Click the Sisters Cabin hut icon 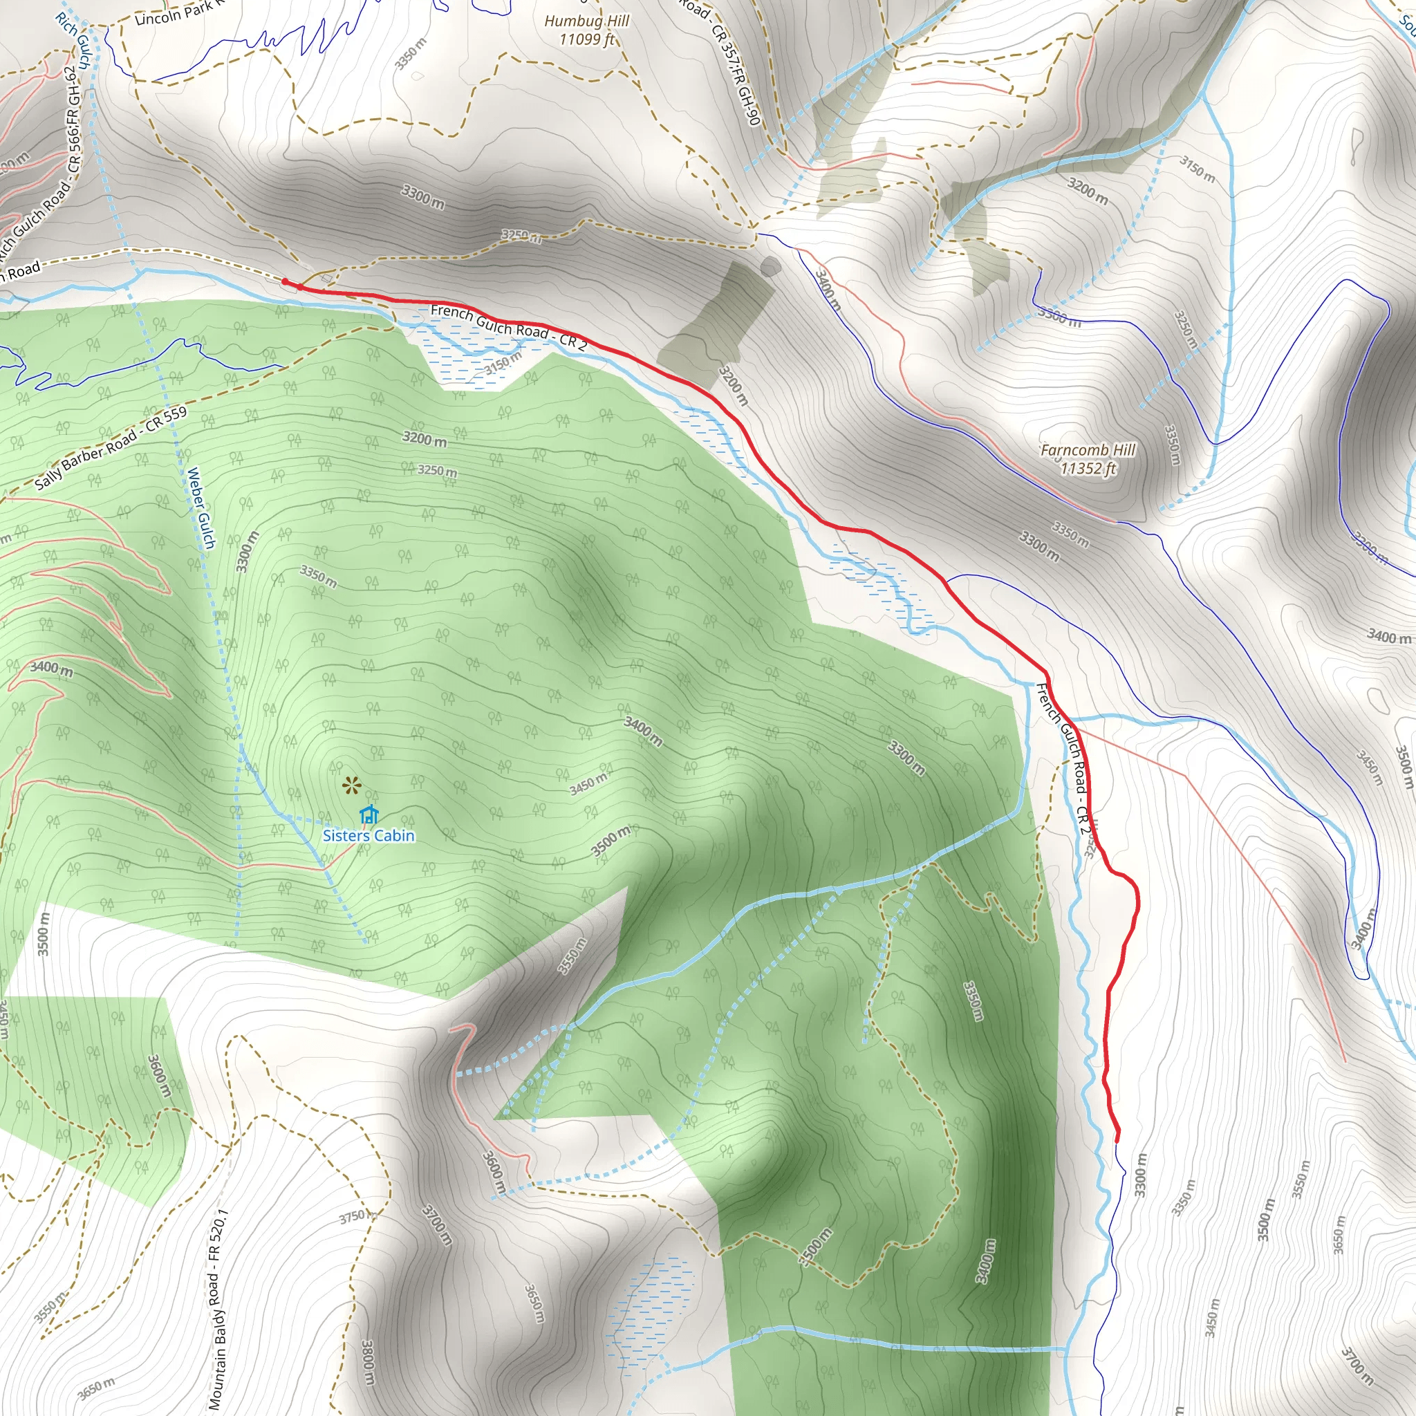369,814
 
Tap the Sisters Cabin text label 369,835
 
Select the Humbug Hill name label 586,21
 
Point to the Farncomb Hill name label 1088,450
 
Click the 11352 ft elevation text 1088,468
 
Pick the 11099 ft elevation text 586,39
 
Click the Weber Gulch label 201,508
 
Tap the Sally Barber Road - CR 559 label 111,448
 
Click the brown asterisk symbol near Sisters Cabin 352,786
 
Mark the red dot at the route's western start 285,281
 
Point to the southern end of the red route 1117,1140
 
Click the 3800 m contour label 368,1363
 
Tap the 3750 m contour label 353,1217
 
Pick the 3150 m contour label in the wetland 503,363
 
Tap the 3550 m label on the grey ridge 572,956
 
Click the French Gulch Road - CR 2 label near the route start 509,328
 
